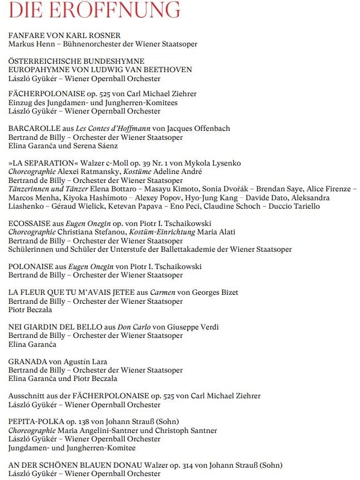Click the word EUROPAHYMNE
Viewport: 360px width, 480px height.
click(x=36, y=69)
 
